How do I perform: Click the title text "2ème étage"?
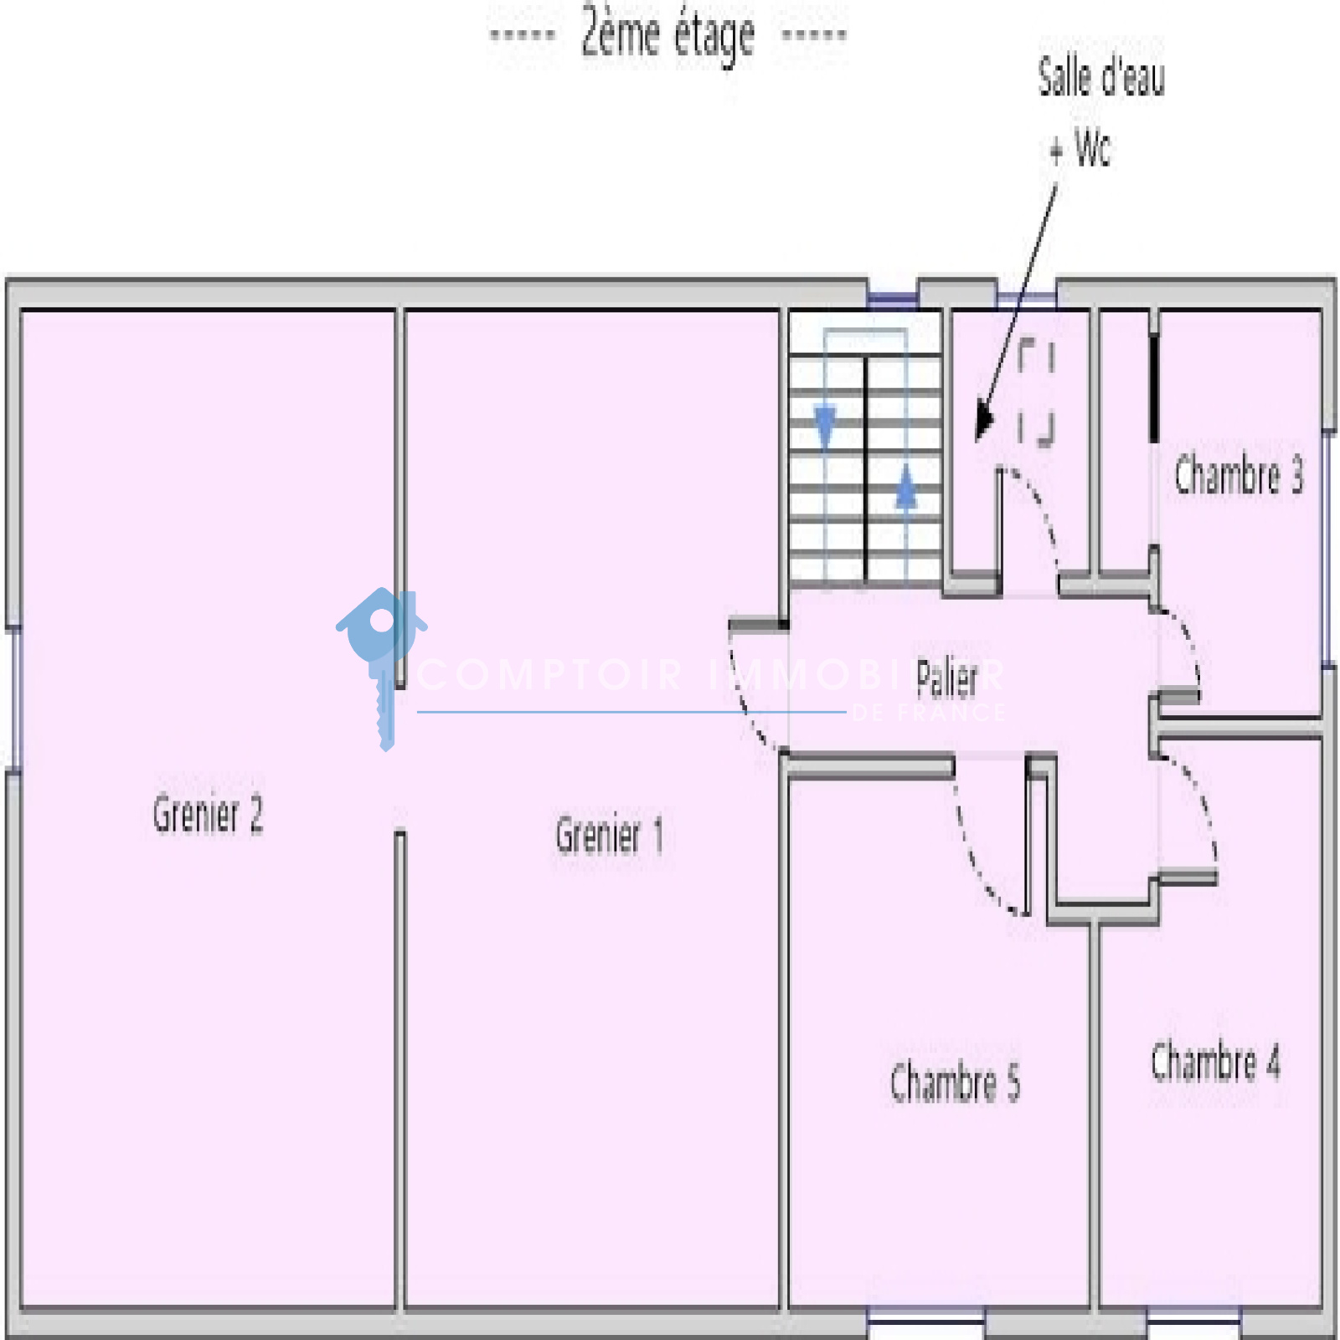pyautogui.click(x=667, y=34)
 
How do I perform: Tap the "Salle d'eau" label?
pyautogui.click(x=1101, y=77)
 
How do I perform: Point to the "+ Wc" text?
pyautogui.click(x=1080, y=149)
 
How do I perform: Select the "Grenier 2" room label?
pyautogui.click(x=208, y=813)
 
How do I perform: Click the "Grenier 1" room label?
pyautogui.click(x=609, y=834)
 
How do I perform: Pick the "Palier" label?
pyautogui.click(x=946, y=678)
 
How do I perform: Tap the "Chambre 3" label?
pyautogui.click(x=1239, y=475)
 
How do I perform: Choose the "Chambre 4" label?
pyautogui.click(x=1215, y=1062)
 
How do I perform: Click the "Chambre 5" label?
pyautogui.click(x=955, y=1081)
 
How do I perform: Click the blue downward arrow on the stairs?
pyautogui.click(x=825, y=425)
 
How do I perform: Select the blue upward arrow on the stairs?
pyautogui.click(x=905, y=487)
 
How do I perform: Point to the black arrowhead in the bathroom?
pyautogui.click(x=983, y=422)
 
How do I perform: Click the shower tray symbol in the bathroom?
pyautogui.click(x=1036, y=393)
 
